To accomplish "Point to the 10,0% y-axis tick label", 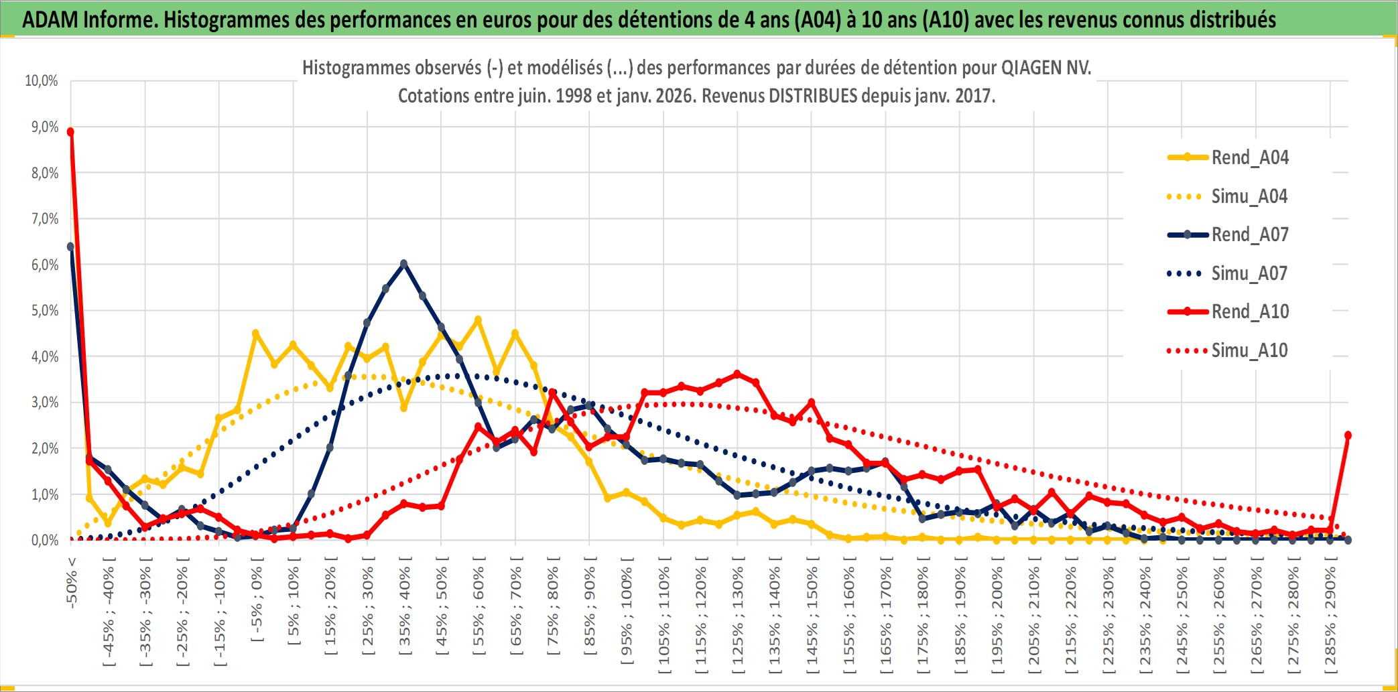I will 42,81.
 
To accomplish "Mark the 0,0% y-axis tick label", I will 44,540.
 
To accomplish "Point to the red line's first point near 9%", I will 70,132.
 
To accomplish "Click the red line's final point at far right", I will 1348,435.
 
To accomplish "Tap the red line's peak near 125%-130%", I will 737,374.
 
